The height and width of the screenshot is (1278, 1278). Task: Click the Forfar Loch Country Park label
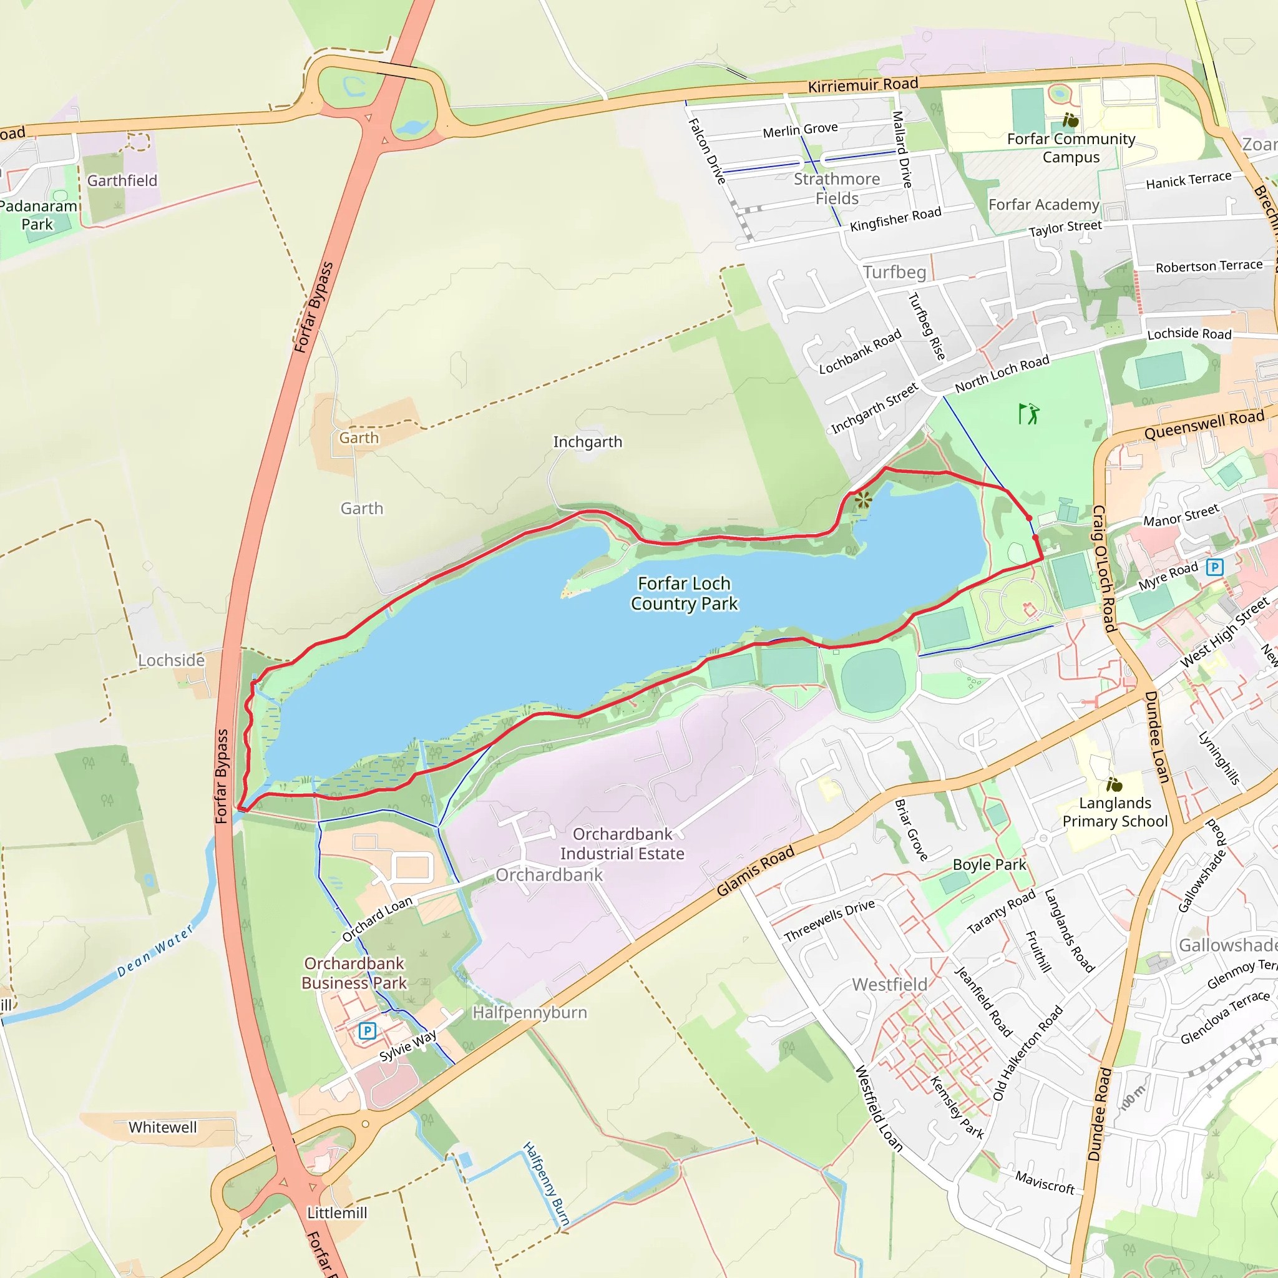684,593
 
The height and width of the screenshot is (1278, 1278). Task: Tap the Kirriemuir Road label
862,85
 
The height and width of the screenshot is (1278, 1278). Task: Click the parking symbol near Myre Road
1214,567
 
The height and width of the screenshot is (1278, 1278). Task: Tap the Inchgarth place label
587,442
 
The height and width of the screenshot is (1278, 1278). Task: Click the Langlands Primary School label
1115,812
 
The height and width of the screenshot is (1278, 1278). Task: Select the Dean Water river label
155,950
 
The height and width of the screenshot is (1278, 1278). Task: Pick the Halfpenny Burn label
546,1184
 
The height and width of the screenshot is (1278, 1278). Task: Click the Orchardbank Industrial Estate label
622,844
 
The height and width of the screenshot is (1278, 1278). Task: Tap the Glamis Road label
755,871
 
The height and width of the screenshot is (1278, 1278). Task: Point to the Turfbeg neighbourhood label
894,272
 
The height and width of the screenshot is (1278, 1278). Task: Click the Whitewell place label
163,1127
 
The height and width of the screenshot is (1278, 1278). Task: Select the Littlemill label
337,1213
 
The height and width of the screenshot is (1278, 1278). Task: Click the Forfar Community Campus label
1071,148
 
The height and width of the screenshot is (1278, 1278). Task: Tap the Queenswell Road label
1204,425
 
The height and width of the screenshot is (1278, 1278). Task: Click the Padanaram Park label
37,215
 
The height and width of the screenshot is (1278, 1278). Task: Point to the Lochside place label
172,660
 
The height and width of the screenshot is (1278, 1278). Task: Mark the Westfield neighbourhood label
890,985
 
